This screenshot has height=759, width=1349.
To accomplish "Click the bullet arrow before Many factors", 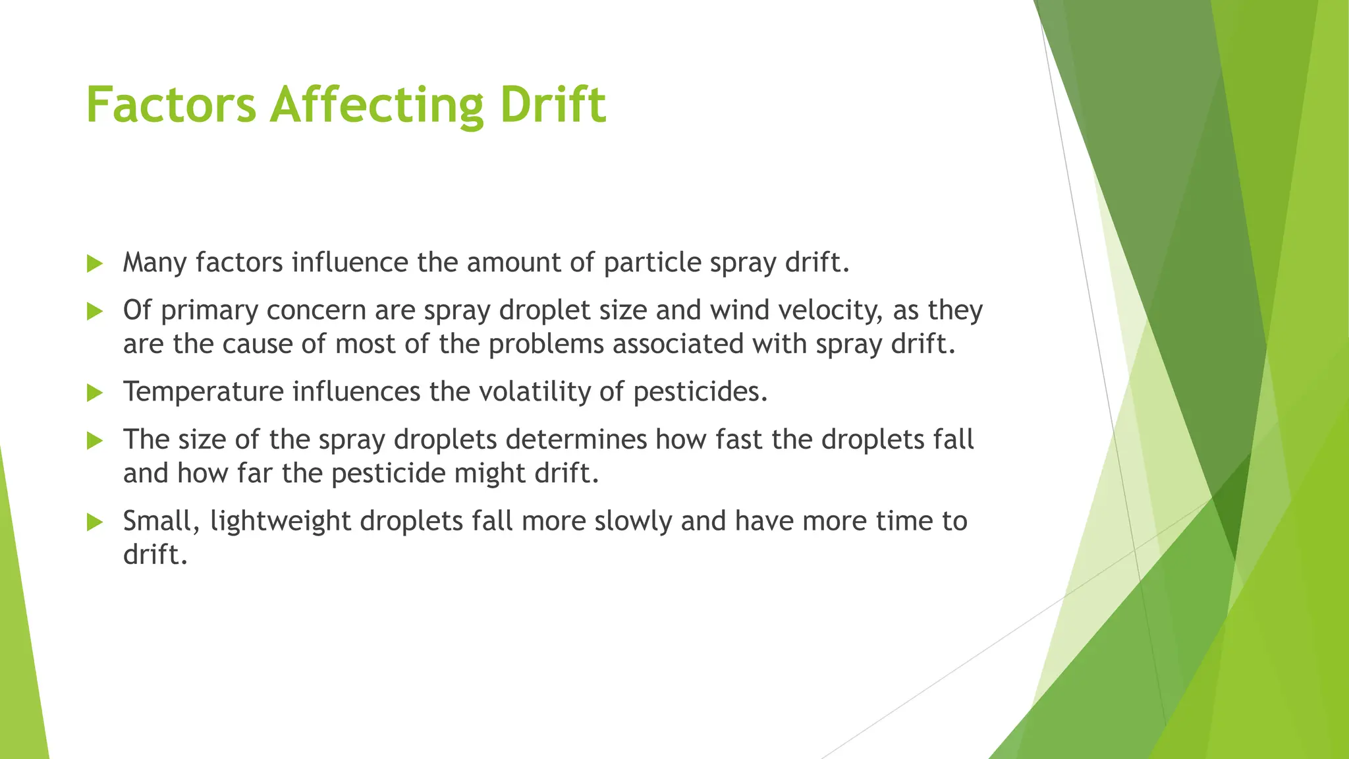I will click(95, 264).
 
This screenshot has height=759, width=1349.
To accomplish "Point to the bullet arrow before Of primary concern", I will click(95, 312).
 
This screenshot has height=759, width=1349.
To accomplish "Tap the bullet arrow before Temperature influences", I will click(95, 393).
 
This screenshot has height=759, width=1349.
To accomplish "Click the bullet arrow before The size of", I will click(95, 441).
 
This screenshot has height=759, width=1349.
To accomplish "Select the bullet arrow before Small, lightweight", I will click(95, 522).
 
